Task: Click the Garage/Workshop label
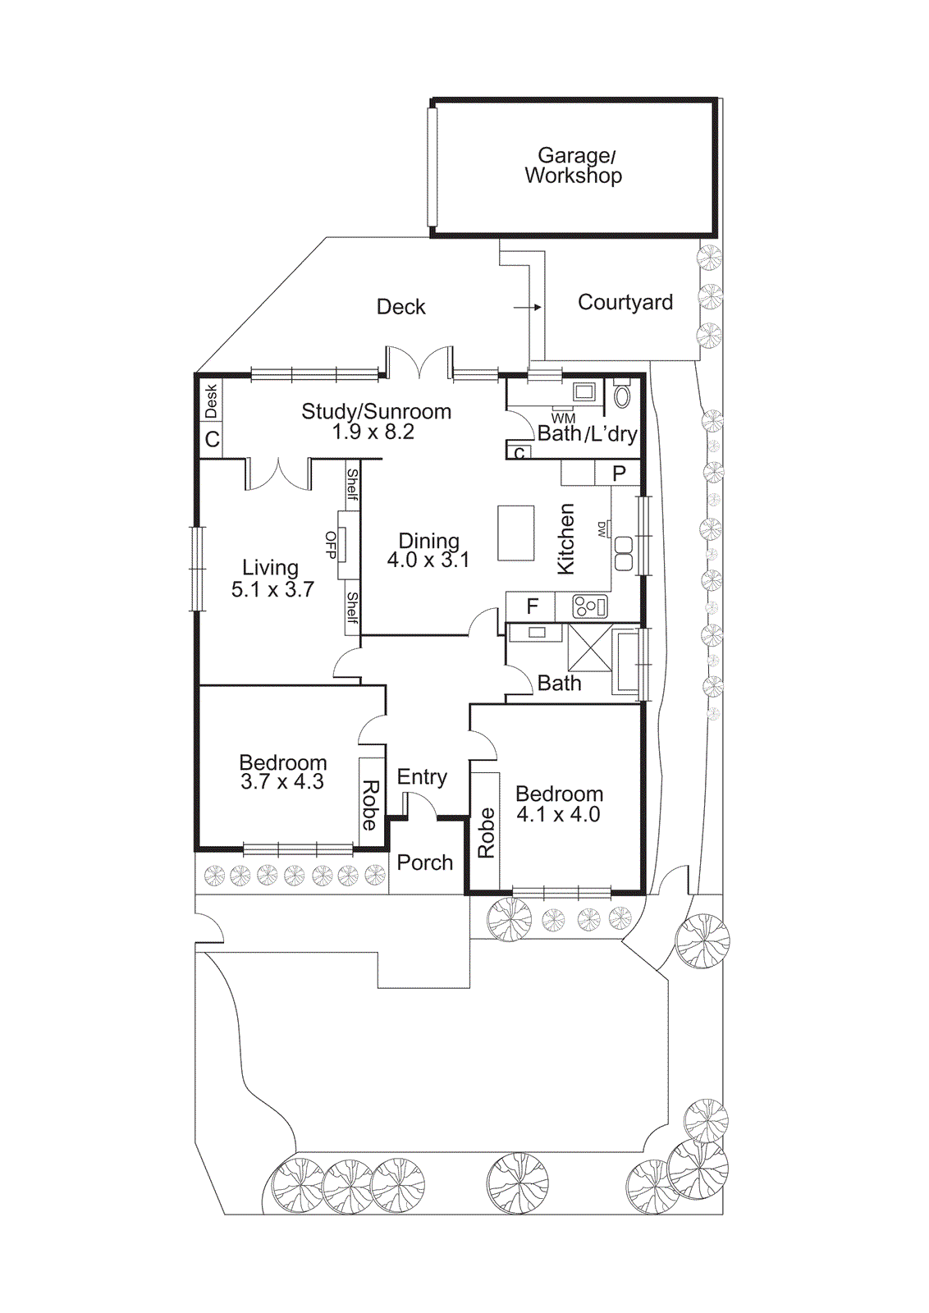tap(574, 166)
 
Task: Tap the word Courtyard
tap(625, 303)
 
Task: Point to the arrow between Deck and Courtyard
tap(528, 307)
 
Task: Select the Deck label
tap(400, 307)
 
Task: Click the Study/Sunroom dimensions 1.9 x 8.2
tap(373, 432)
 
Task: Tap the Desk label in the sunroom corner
tap(211, 400)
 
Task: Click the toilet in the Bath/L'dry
tap(621, 396)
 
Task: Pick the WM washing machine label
tap(563, 419)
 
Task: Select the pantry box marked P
tap(619, 473)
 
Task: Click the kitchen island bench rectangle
tap(515, 533)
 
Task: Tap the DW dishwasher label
tap(602, 529)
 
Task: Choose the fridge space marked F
tap(532, 606)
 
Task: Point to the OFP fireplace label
tap(331, 545)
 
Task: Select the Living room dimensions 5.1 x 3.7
tap(272, 589)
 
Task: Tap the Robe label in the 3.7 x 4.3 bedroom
tap(370, 805)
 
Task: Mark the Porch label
tap(424, 862)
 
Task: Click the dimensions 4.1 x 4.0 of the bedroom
tap(558, 815)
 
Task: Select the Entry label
tap(422, 776)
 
